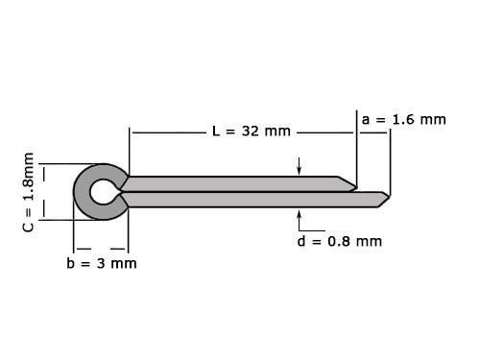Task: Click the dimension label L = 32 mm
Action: coord(252,131)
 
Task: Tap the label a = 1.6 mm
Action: coord(404,119)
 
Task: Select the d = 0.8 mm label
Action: coord(340,241)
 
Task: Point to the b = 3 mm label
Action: coord(102,263)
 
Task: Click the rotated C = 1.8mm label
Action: coord(28,192)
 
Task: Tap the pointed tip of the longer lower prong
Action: coord(389,197)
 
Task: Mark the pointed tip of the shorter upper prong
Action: coord(356,186)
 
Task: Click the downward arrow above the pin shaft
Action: coord(300,166)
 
